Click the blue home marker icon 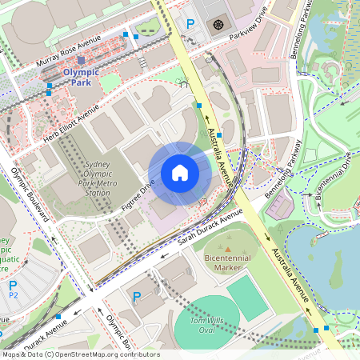click(180, 173)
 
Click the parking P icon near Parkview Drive click(190, 25)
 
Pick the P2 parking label click(13, 290)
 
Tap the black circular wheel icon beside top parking click(218, 25)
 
